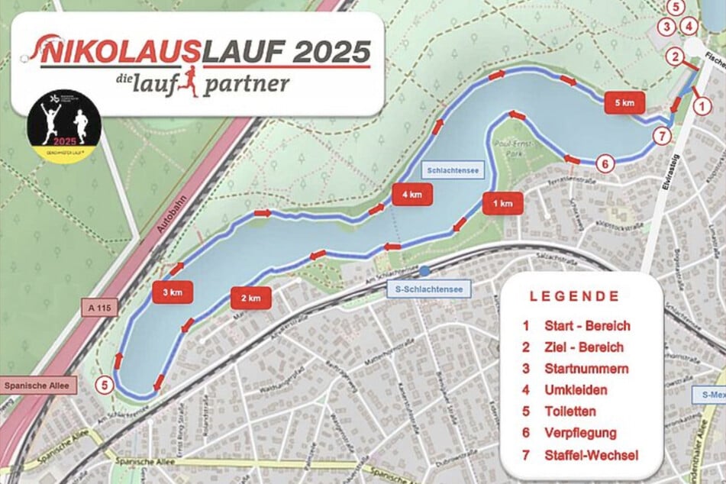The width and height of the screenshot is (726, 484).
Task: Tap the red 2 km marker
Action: tap(251, 298)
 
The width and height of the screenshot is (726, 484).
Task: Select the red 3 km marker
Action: tap(173, 292)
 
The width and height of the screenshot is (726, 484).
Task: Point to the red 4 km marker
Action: tap(412, 195)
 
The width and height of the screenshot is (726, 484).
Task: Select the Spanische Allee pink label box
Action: tap(37, 386)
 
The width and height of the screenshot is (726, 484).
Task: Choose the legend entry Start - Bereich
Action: tap(587, 326)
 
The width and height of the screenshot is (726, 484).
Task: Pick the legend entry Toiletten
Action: tap(570, 411)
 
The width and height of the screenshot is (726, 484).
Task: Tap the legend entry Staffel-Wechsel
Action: tap(592, 455)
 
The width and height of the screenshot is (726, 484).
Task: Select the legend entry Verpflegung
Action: tap(580, 433)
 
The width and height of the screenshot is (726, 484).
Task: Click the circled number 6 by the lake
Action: tap(603, 163)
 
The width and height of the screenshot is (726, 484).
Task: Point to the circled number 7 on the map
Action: tap(662, 137)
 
